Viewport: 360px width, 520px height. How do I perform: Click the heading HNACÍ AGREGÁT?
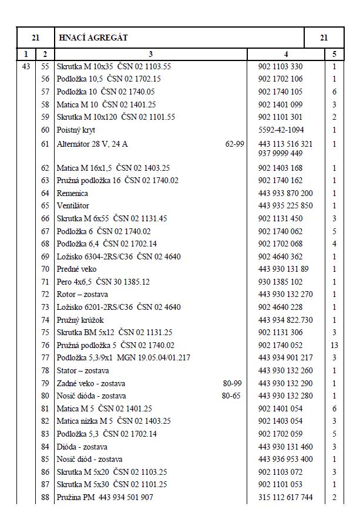pyautogui.click(x=93, y=38)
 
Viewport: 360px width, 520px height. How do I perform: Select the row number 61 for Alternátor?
pyautogui.click(x=45, y=144)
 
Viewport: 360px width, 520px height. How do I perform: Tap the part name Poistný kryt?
pyautogui.click(x=76, y=130)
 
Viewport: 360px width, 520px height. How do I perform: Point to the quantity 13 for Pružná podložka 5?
pyautogui.click(x=334, y=345)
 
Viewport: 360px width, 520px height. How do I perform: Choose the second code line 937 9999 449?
pyautogui.click(x=281, y=154)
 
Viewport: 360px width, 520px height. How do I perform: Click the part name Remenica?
pyautogui.click(x=72, y=193)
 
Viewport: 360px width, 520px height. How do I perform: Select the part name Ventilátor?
pyautogui.click(x=74, y=206)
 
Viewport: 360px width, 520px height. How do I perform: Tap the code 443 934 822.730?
pyautogui.click(x=285, y=320)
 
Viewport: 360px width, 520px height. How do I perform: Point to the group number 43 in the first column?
pyautogui.click(x=26, y=67)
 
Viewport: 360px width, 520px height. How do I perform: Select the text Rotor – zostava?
pyautogui.click(x=82, y=295)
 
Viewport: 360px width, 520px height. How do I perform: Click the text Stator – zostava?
pyautogui.click(x=82, y=370)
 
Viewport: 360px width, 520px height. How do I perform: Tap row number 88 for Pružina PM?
pyautogui.click(x=45, y=498)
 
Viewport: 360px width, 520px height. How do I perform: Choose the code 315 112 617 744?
pyautogui.click(x=285, y=498)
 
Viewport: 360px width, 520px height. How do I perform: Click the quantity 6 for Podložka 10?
pyautogui.click(x=334, y=92)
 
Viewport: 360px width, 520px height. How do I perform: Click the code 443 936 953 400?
pyautogui.click(x=285, y=460)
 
